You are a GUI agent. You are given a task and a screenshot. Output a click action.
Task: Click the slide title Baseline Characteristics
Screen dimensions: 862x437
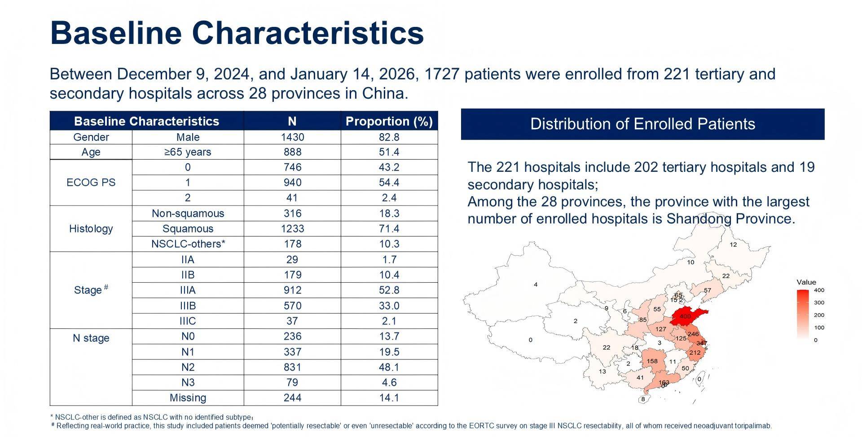click(237, 32)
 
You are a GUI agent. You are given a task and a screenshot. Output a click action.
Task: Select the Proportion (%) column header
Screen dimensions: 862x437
click(389, 121)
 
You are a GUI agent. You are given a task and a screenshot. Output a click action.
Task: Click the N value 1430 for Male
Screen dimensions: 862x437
click(292, 137)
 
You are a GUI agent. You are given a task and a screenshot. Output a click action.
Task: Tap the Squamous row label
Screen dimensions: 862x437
click(188, 228)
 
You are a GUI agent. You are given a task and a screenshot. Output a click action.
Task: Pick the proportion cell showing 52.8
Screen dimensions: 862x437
click(389, 290)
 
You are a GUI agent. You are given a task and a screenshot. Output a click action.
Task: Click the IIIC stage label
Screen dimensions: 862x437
click(188, 321)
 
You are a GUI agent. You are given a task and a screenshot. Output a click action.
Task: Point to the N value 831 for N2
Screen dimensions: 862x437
click(292, 367)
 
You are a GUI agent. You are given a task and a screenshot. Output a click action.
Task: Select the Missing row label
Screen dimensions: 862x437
click(188, 398)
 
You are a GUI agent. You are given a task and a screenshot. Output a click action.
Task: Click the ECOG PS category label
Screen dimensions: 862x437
click(91, 182)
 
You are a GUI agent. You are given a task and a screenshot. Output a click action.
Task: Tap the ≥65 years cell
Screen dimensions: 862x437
click(188, 152)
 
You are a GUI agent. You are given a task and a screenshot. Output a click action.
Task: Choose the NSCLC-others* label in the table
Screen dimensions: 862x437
click(188, 244)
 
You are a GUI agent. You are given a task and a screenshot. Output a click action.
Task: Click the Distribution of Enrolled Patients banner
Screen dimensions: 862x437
click(642, 124)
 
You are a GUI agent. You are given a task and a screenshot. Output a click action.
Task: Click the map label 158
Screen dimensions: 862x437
click(652, 361)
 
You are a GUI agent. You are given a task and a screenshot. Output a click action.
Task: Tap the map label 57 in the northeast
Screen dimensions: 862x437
click(707, 290)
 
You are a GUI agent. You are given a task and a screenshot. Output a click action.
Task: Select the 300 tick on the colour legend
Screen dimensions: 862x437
click(819, 302)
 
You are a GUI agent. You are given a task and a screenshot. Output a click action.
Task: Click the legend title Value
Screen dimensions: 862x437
click(806, 282)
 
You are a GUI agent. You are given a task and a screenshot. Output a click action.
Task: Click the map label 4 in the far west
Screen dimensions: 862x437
click(536, 284)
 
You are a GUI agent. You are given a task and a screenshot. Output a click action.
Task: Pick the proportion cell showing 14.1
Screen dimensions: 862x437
click(389, 398)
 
